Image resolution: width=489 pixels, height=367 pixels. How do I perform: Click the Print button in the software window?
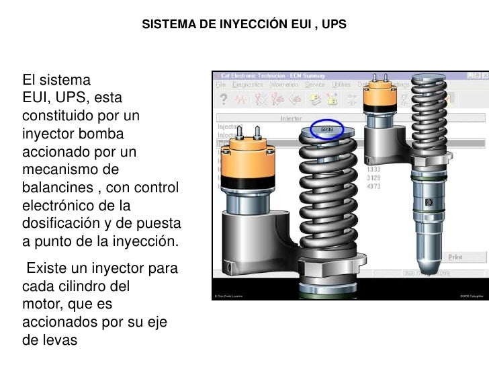pos(455,257)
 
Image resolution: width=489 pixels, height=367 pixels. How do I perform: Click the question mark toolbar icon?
pos(222,99)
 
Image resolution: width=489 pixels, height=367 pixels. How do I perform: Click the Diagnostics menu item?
pos(247,85)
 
